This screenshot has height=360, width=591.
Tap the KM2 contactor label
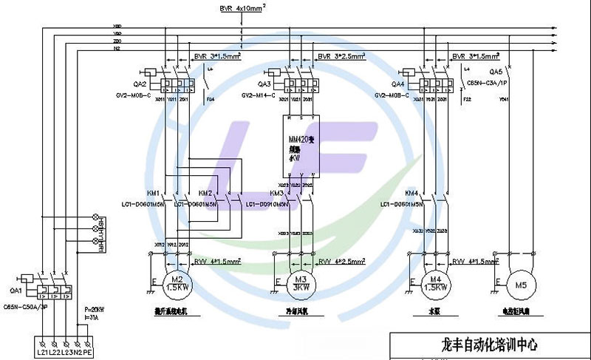205,193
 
